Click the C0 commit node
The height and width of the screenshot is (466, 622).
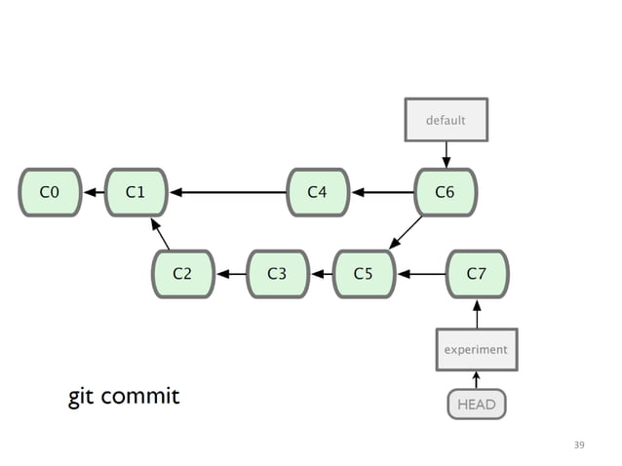tap(50, 192)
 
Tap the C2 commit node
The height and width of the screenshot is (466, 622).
tap(182, 274)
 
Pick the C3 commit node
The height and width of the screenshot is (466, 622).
tap(278, 274)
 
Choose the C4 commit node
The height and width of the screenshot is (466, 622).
tap(318, 192)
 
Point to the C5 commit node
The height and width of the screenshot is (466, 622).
tap(364, 274)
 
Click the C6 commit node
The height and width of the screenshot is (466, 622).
tap(445, 192)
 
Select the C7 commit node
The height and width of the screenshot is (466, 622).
tap(477, 274)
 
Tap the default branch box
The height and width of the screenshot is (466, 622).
tap(446, 120)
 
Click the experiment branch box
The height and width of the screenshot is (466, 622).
tap(476, 349)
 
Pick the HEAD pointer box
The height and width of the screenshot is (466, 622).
tap(477, 404)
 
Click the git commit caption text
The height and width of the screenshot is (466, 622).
tap(124, 397)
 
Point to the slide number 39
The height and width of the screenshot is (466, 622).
tap(579, 445)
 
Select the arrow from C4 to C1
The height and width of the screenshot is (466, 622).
tap(228, 192)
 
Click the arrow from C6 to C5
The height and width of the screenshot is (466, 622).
tap(406, 232)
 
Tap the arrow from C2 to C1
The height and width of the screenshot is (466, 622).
tap(160, 235)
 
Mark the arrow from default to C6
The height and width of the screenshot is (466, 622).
tap(446, 154)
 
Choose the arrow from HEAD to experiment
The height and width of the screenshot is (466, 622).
tap(477, 379)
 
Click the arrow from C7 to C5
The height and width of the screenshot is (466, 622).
tap(420, 274)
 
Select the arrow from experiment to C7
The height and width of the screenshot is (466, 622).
tap(477, 314)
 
